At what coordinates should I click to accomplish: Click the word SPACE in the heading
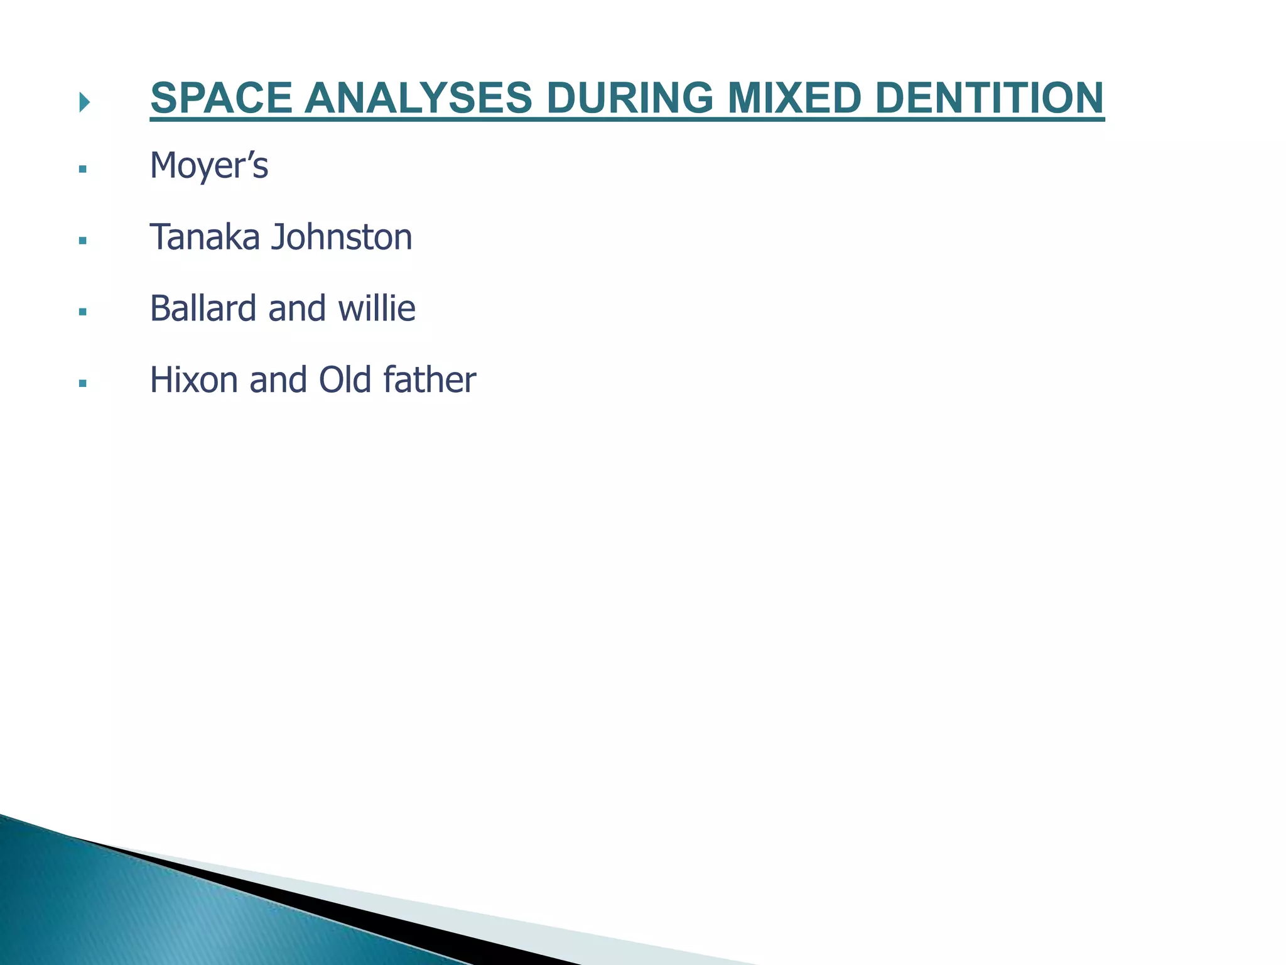pyautogui.click(x=221, y=99)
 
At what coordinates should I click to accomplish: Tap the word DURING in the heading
pyautogui.click(x=630, y=99)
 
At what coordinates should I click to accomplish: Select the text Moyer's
pyautogui.click(x=209, y=166)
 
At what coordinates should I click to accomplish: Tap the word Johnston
pyautogui.click(x=342, y=237)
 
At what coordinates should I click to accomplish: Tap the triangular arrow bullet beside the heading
pyautogui.click(x=84, y=102)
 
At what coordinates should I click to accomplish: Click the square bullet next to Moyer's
pyautogui.click(x=82, y=169)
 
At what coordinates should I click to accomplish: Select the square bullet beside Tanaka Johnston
pyautogui.click(x=82, y=240)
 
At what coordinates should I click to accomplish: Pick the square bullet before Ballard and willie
pyautogui.click(x=82, y=311)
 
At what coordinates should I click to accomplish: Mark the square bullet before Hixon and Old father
pyautogui.click(x=82, y=383)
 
